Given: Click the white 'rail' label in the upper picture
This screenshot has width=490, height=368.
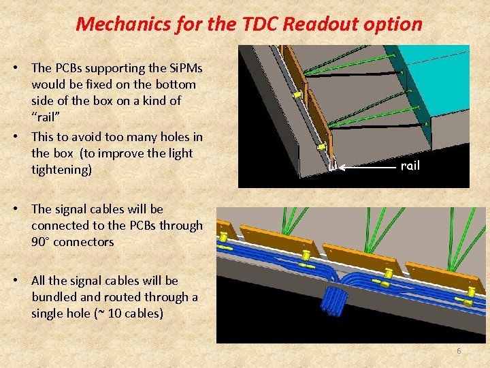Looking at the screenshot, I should [410, 166].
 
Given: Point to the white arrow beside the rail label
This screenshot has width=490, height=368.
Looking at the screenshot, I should [367, 166].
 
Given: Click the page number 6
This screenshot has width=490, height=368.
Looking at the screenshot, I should [459, 351].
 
